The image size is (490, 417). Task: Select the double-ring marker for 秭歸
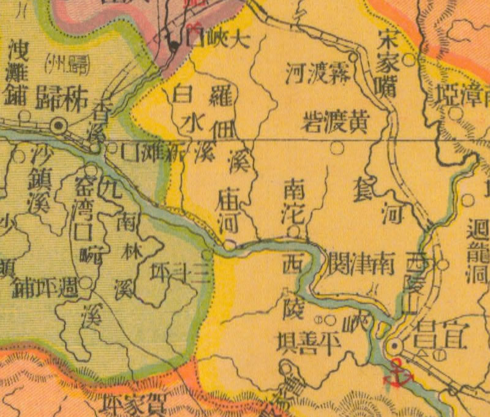pyautogui.click(x=59, y=126)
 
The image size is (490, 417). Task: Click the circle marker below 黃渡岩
pyautogui.click(x=336, y=148)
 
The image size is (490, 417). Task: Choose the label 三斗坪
pyautogui.click(x=180, y=275)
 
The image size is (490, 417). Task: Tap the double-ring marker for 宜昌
pyautogui.click(x=396, y=347)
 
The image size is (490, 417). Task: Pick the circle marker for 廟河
pyautogui.click(x=228, y=245)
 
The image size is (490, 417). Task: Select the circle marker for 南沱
pyautogui.click(x=294, y=231)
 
